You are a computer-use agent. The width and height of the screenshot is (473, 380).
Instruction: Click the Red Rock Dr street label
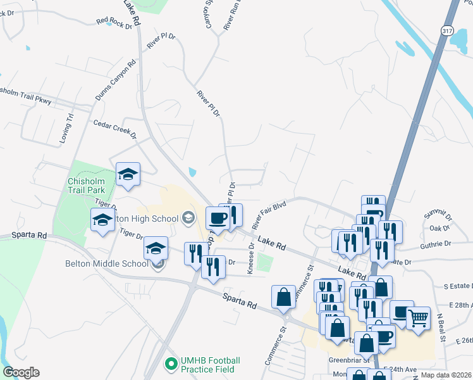pyautogui.click(x=114, y=23)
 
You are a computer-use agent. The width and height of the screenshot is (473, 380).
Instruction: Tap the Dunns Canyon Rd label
pyautogui.click(x=115, y=80)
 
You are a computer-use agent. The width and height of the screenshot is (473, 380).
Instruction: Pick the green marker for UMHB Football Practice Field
pyautogui.click(x=170, y=364)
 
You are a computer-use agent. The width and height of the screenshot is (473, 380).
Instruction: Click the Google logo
pyautogui.click(x=21, y=372)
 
